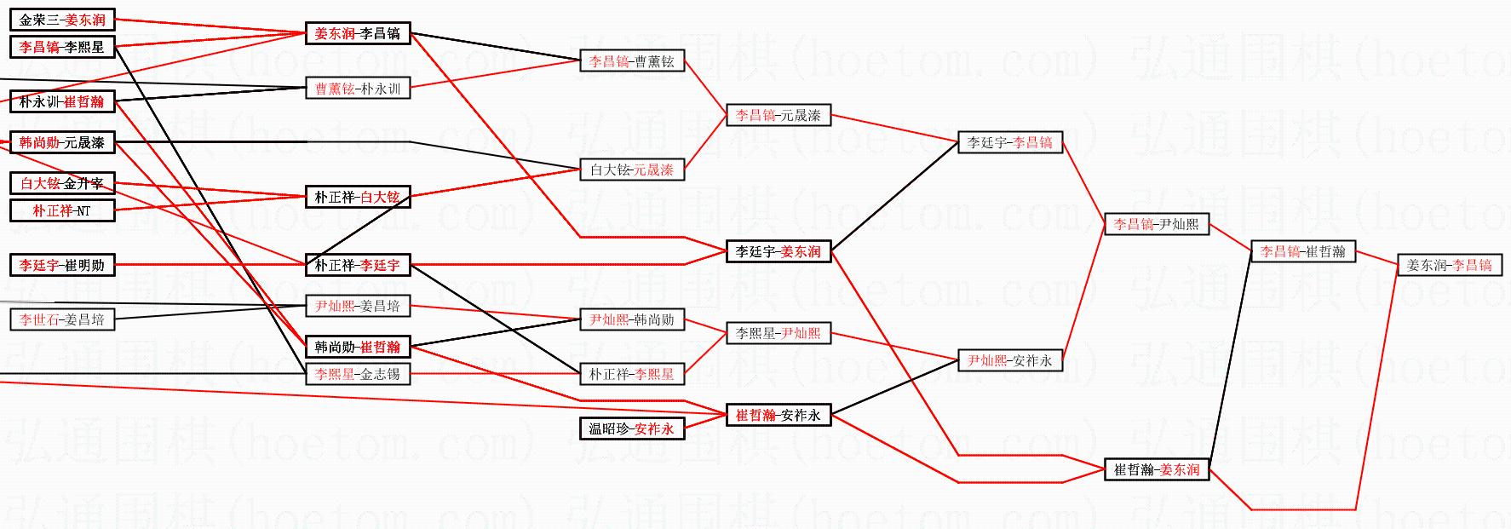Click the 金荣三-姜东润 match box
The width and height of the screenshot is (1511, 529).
tap(62, 20)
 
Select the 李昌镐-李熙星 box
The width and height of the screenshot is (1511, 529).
tap(62, 47)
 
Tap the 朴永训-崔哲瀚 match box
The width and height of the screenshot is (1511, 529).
tap(62, 101)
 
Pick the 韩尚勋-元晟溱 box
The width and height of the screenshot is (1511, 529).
tap(62, 142)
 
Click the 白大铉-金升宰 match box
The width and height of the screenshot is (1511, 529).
tap(62, 183)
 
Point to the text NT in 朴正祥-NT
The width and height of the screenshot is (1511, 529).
tap(83, 210)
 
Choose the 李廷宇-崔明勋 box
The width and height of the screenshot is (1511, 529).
tap(62, 265)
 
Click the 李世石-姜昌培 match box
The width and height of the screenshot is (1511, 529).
tap(62, 319)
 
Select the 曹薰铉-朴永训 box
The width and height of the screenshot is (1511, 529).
tap(358, 88)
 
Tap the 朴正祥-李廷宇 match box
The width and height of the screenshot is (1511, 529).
tap(358, 265)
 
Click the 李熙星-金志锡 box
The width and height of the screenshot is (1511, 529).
tap(358, 373)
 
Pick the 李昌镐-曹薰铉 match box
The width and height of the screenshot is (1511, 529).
tap(632, 60)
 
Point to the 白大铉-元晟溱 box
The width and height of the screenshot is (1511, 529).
tap(632, 170)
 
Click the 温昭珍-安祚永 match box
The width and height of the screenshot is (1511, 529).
tap(632, 428)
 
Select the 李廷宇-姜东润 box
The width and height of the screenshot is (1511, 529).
tap(778, 251)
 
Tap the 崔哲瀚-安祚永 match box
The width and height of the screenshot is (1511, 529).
tap(778, 415)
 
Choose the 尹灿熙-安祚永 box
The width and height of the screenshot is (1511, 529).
tap(1010, 360)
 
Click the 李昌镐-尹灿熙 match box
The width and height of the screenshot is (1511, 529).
tap(1157, 224)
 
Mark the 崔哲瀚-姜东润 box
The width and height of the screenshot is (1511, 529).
tap(1157, 469)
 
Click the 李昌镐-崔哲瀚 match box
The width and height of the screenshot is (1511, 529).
tap(1303, 251)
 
